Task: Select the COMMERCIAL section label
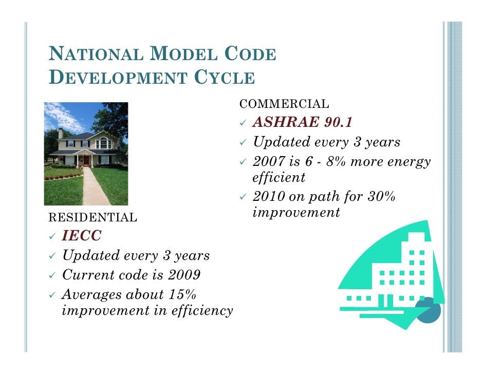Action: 284,104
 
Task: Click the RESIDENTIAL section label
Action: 92,218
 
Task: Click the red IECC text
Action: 82,236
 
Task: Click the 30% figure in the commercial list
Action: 380,197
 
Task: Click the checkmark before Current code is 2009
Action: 51,275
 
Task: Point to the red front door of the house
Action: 86,160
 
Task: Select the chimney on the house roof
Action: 61,133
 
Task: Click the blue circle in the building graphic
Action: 427,311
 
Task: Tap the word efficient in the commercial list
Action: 278,178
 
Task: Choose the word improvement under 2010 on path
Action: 296,213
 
